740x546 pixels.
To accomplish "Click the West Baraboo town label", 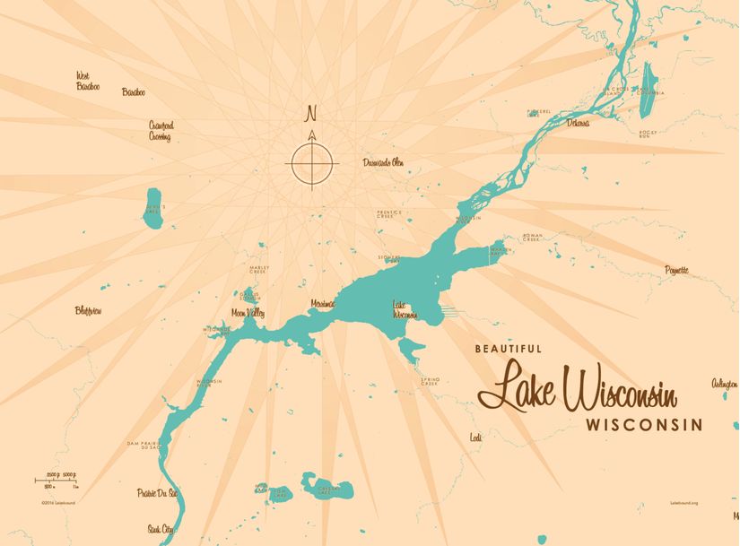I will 88,81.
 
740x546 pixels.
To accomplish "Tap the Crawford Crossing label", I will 161,132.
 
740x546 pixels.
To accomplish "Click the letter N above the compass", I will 312,114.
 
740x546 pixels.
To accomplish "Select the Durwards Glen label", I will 383,162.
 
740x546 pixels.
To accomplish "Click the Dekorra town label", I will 578,123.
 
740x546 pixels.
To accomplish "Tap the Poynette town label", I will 677,269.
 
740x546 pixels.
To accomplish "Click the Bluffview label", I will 89,311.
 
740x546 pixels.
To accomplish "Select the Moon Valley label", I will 248,313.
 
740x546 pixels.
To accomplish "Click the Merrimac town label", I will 322,304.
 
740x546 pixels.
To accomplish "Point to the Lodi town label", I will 475,438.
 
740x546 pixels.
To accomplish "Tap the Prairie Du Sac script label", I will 157,493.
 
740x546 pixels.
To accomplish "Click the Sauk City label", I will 161,530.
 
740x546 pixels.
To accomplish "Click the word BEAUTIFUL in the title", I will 508,348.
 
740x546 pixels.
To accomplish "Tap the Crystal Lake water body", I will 326,488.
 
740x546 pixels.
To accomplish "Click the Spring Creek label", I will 430,382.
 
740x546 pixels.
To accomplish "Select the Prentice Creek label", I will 386,214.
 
